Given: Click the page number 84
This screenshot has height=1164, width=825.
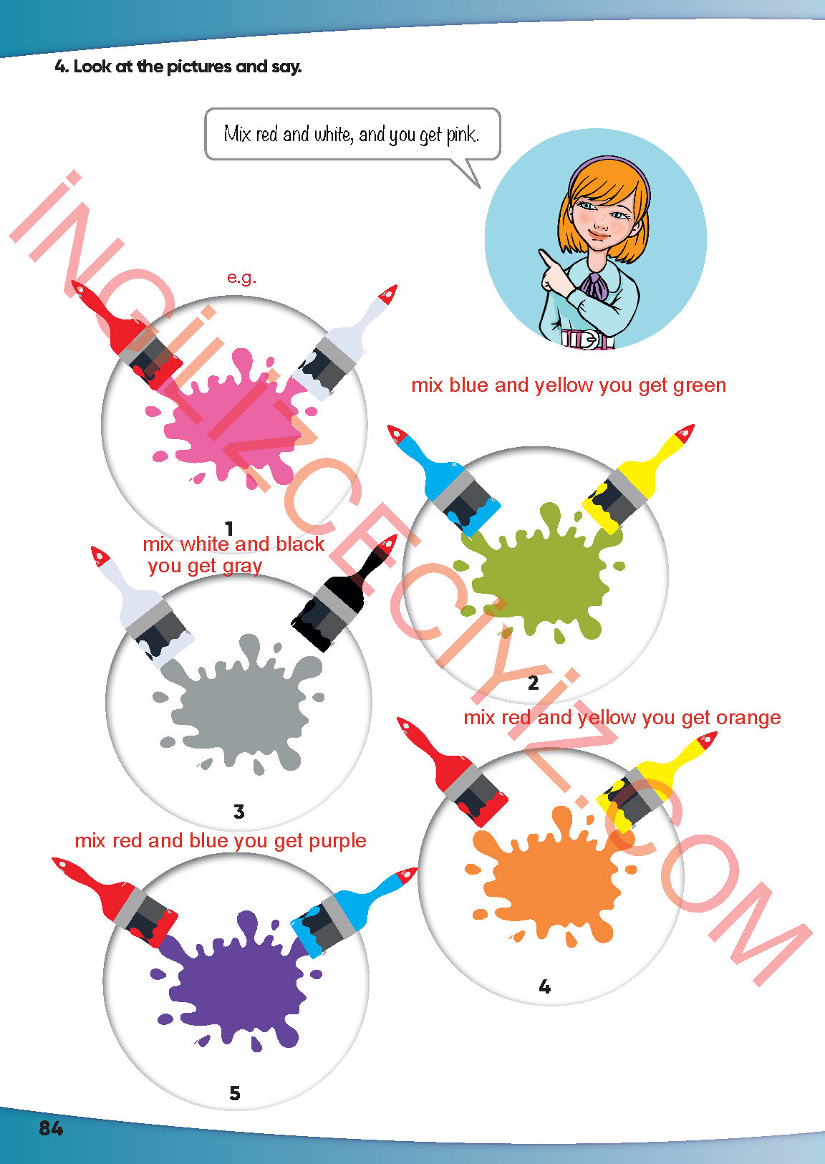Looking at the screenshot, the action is point(50,1128).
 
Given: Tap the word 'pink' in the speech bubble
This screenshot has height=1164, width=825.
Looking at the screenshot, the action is point(462,135).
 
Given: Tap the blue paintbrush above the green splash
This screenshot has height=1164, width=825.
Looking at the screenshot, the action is point(444,481).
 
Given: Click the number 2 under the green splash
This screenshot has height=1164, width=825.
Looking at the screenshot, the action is point(533,683).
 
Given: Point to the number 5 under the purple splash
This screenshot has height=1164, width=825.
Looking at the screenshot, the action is point(235,1093).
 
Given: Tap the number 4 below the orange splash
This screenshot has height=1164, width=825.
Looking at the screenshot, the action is point(544,986).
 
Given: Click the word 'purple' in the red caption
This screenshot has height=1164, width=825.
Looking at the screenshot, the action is point(338,841).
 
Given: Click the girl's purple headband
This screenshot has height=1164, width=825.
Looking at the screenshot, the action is point(609,169).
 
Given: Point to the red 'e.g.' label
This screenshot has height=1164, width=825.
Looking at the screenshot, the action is point(241,278).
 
